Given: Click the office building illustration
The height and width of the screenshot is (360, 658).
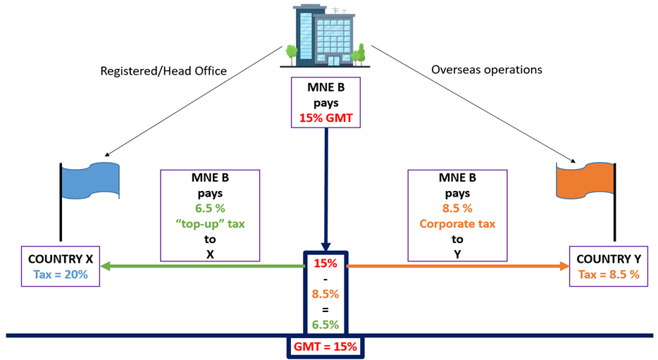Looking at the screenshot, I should click(325, 35).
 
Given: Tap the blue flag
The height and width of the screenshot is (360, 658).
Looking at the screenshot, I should click(91, 179).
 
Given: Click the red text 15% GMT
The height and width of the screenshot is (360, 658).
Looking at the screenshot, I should click(325, 117).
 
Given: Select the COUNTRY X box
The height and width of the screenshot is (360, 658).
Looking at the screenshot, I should click(59, 266).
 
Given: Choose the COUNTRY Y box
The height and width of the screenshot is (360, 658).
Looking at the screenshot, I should click(608, 266).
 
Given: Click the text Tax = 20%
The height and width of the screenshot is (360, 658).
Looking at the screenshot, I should click(59, 274).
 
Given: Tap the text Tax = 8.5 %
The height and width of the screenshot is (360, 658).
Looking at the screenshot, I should click(608, 274).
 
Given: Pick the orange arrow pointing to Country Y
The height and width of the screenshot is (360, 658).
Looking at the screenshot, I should click(458, 266).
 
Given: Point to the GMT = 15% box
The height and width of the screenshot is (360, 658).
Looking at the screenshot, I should click(325, 347).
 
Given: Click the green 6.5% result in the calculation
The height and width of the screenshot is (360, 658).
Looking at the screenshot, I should click(325, 324).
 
